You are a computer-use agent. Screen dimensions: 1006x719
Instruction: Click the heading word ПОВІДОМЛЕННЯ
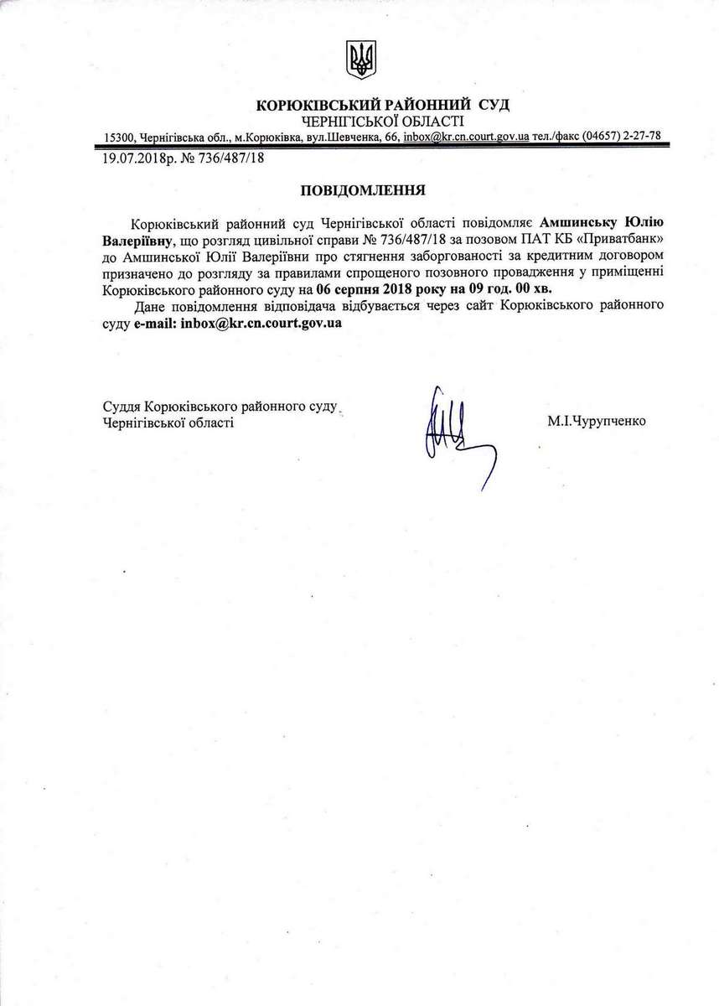coord(364,189)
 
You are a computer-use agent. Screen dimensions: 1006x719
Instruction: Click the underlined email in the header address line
coord(465,136)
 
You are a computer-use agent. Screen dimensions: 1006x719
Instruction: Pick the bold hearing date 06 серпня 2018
coord(367,288)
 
